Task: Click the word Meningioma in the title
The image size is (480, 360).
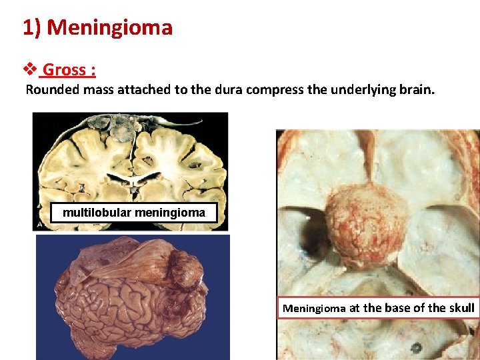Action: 110,28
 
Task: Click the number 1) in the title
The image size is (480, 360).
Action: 32,28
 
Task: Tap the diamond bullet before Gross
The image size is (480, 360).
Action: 29,69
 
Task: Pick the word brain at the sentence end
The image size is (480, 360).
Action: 415,89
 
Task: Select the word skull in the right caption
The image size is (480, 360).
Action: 459,308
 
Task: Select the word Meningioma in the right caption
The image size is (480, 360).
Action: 314,308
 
